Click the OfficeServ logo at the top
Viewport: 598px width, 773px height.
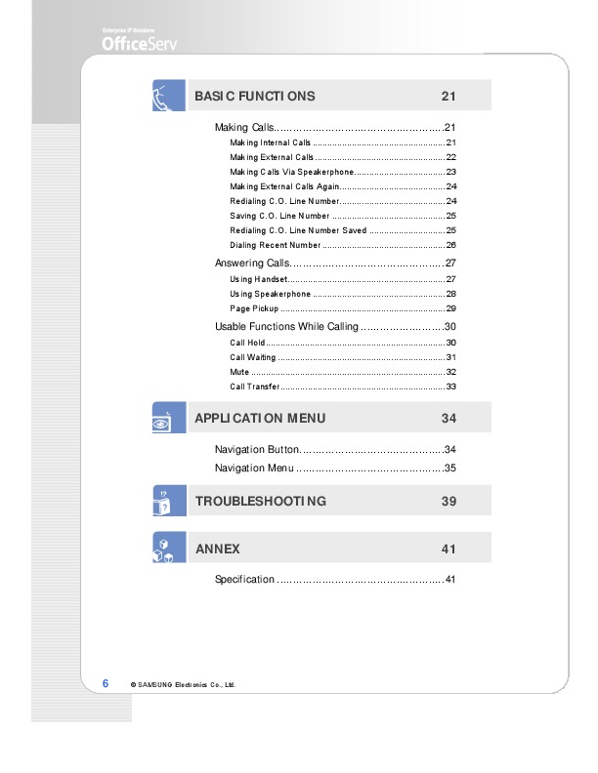coord(140,43)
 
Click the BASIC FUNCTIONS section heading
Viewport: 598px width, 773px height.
coord(255,96)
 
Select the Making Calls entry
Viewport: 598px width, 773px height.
coord(244,128)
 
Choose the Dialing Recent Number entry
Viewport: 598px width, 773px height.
coord(276,245)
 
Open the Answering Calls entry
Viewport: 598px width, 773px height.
coord(252,264)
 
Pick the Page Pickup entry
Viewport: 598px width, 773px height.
coord(254,308)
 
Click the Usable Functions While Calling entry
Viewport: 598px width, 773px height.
coord(286,327)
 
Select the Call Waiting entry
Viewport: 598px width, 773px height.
coord(253,357)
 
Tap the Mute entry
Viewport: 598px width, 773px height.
coord(238,372)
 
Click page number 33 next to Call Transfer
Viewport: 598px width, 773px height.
coord(451,386)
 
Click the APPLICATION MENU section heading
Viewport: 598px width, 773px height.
coord(260,418)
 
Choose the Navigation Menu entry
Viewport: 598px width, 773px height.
coord(254,468)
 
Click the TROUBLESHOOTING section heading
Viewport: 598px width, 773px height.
coord(260,501)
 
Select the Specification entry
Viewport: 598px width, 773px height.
coord(244,580)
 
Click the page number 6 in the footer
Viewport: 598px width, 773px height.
coord(106,683)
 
